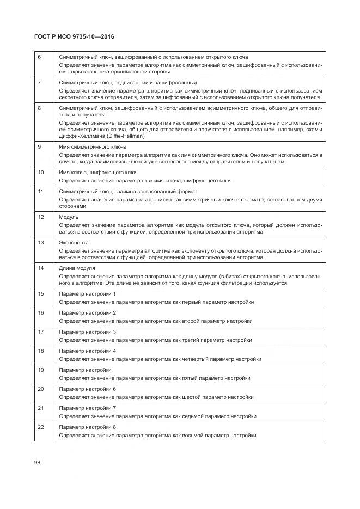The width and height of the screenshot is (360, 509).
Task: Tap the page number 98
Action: [38, 462]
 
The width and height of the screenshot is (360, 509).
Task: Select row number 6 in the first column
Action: [39, 57]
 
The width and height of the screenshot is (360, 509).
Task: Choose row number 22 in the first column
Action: [40, 427]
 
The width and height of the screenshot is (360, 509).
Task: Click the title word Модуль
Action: [69, 217]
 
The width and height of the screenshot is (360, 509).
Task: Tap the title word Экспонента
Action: [74, 242]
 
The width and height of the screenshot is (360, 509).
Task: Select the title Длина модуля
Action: [77, 268]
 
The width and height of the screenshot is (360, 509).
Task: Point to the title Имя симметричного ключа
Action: [93, 147]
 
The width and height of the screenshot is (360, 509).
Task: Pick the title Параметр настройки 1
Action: [87, 294]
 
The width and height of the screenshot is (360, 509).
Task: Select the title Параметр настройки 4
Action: [87, 351]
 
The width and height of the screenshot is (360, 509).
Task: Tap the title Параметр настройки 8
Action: [87, 427]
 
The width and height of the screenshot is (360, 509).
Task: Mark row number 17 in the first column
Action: [40, 332]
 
